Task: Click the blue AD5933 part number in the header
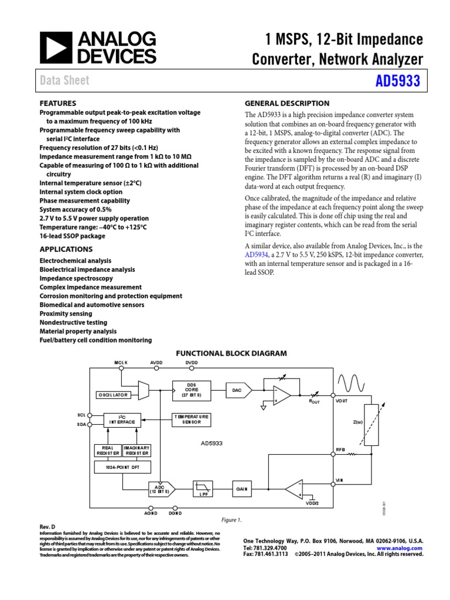398,81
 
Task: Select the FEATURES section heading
57,103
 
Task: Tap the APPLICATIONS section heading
66,249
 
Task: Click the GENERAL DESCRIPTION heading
287,103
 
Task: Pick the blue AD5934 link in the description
256,255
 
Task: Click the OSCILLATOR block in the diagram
112,395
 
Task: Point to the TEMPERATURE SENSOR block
191,420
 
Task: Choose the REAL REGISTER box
108,450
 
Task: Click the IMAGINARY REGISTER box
137,450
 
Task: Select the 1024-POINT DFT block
122,467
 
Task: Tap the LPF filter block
203,489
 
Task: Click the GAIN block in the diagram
242,488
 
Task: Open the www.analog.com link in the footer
405,548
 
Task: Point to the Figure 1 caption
231,520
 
